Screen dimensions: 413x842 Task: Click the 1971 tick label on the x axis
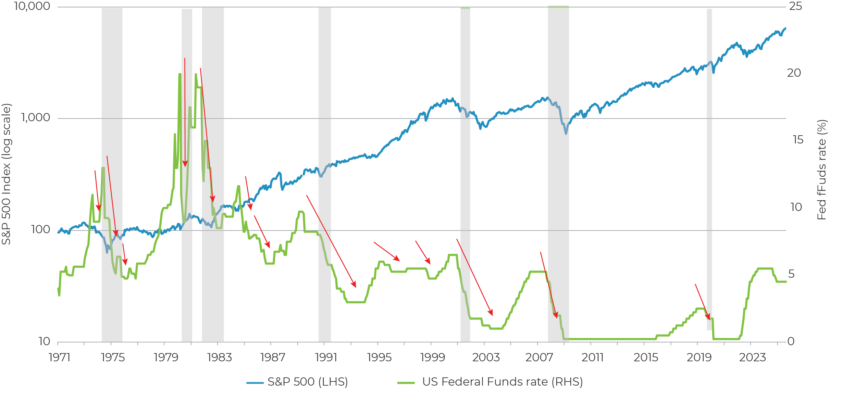point(60,358)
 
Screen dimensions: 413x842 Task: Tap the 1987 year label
point(273,358)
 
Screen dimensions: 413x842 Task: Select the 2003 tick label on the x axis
point(486,358)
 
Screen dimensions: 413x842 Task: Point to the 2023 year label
point(752,358)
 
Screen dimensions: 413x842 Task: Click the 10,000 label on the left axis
point(32,6)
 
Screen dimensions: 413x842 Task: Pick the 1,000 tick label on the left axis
point(36,117)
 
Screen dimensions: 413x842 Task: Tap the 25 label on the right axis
point(795,6)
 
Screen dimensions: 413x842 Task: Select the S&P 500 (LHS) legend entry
point(297,382)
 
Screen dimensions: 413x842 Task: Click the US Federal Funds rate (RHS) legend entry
point(490,382)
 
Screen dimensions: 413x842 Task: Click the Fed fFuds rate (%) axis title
point(822,170)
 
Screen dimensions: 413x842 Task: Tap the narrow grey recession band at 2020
point(709,171)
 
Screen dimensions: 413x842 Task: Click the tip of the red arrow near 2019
point(709,319)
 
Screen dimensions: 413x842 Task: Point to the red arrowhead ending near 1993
point(356,287)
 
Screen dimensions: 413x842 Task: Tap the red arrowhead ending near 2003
point(492,315)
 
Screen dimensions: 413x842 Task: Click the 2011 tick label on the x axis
point(593,358)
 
